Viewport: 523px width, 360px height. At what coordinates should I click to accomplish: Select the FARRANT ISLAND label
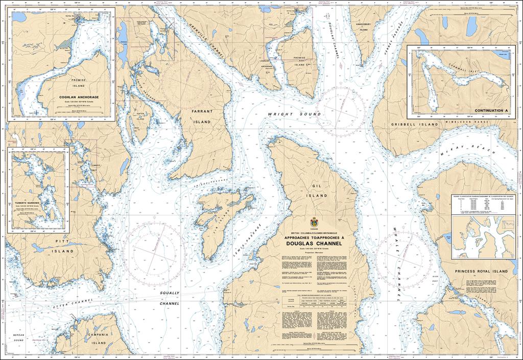202,116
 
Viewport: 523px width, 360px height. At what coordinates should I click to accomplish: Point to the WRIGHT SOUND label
282,114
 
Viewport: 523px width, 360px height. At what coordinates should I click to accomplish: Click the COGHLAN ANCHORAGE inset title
78,97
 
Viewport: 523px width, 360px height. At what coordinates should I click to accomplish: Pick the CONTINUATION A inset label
491,110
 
